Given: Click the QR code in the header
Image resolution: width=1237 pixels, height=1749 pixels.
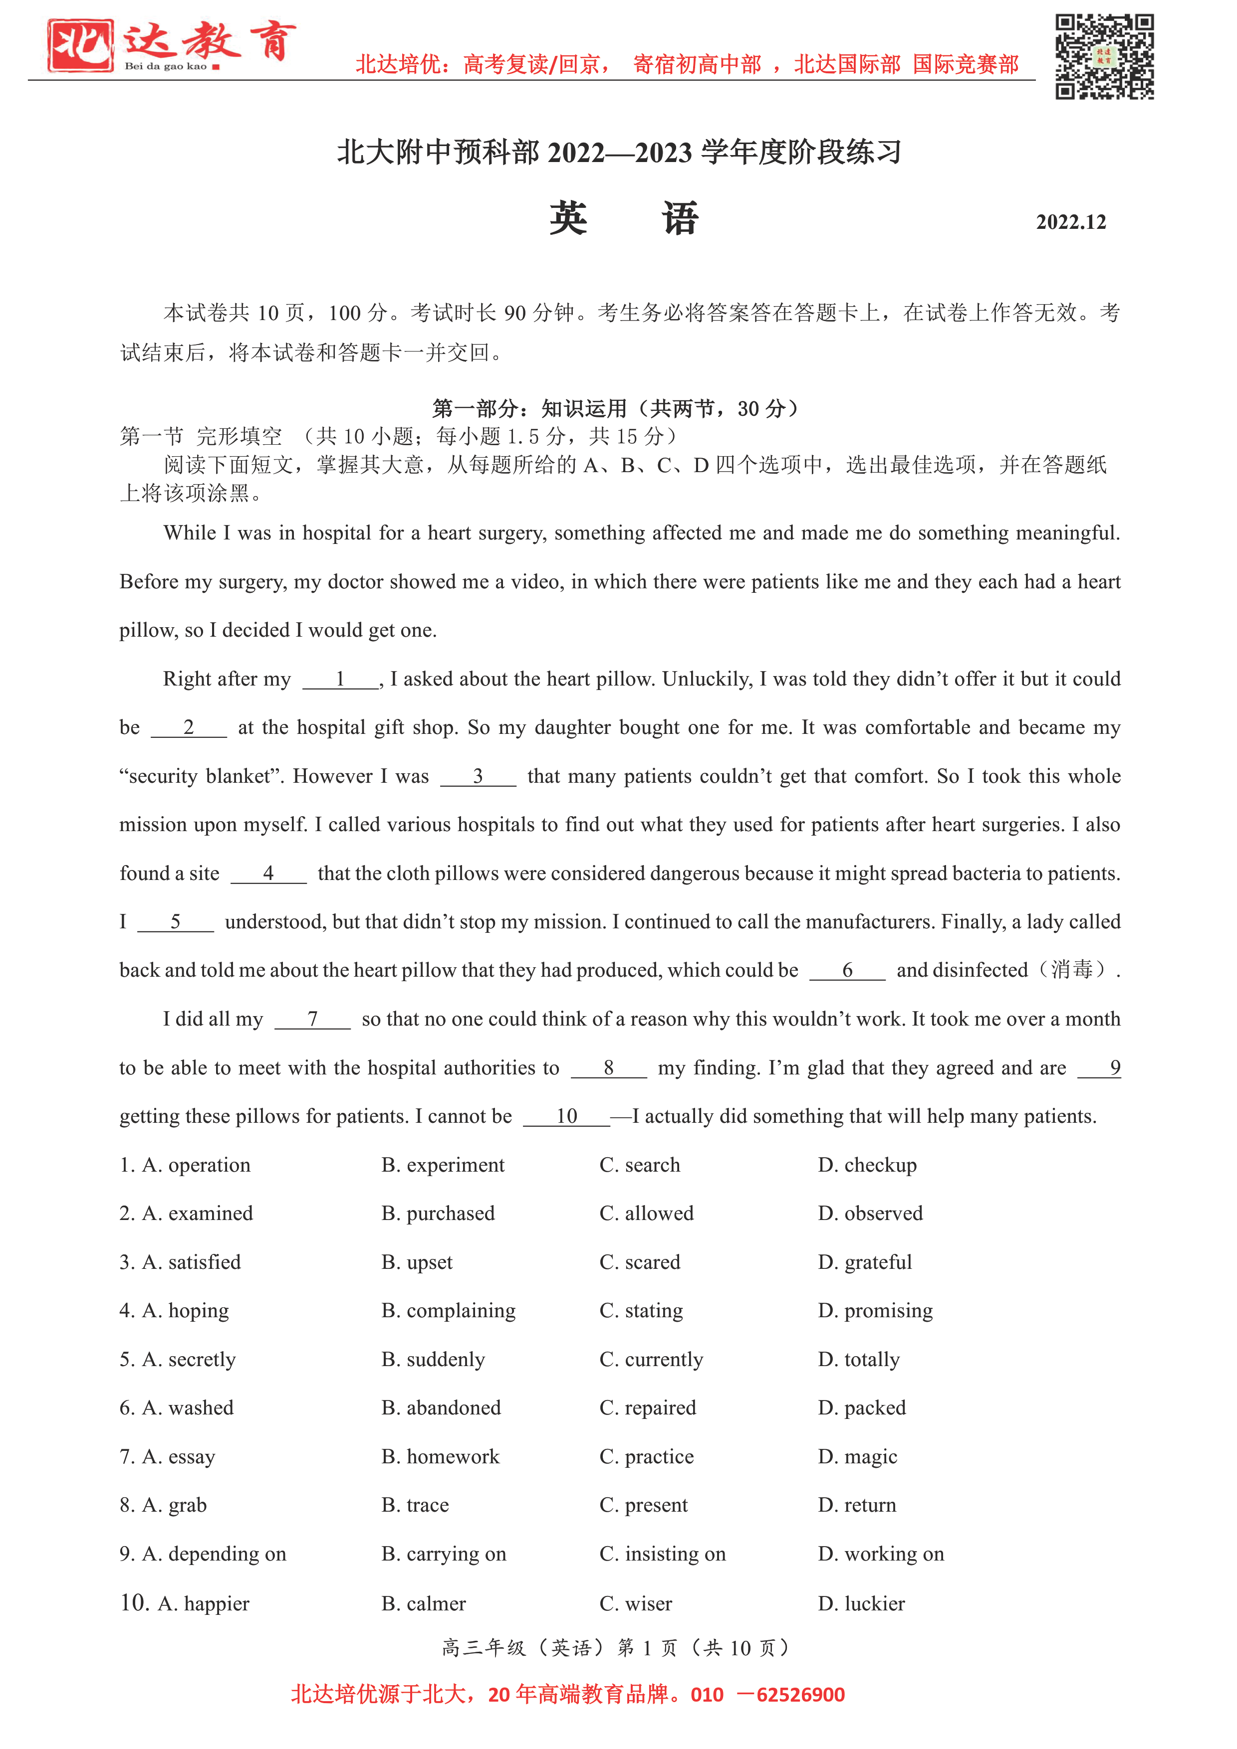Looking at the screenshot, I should (x=1104, y=57).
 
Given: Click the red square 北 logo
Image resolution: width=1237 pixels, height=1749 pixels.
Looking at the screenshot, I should (x=80, y=46).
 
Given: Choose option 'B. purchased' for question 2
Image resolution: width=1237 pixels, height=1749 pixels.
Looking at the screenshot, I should (x=438, y=1214).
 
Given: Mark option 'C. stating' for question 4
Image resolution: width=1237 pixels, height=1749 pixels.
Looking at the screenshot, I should (x=641, y=1310).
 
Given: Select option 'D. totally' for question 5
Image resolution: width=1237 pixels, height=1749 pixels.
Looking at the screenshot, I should (x=858, y=1360).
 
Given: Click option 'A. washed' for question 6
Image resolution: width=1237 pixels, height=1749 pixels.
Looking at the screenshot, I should (x=188, y=1408).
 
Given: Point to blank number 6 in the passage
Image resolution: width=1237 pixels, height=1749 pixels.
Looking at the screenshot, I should (x=847, y=971).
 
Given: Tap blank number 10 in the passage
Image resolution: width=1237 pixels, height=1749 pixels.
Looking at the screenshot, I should (x=566, y=1117).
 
